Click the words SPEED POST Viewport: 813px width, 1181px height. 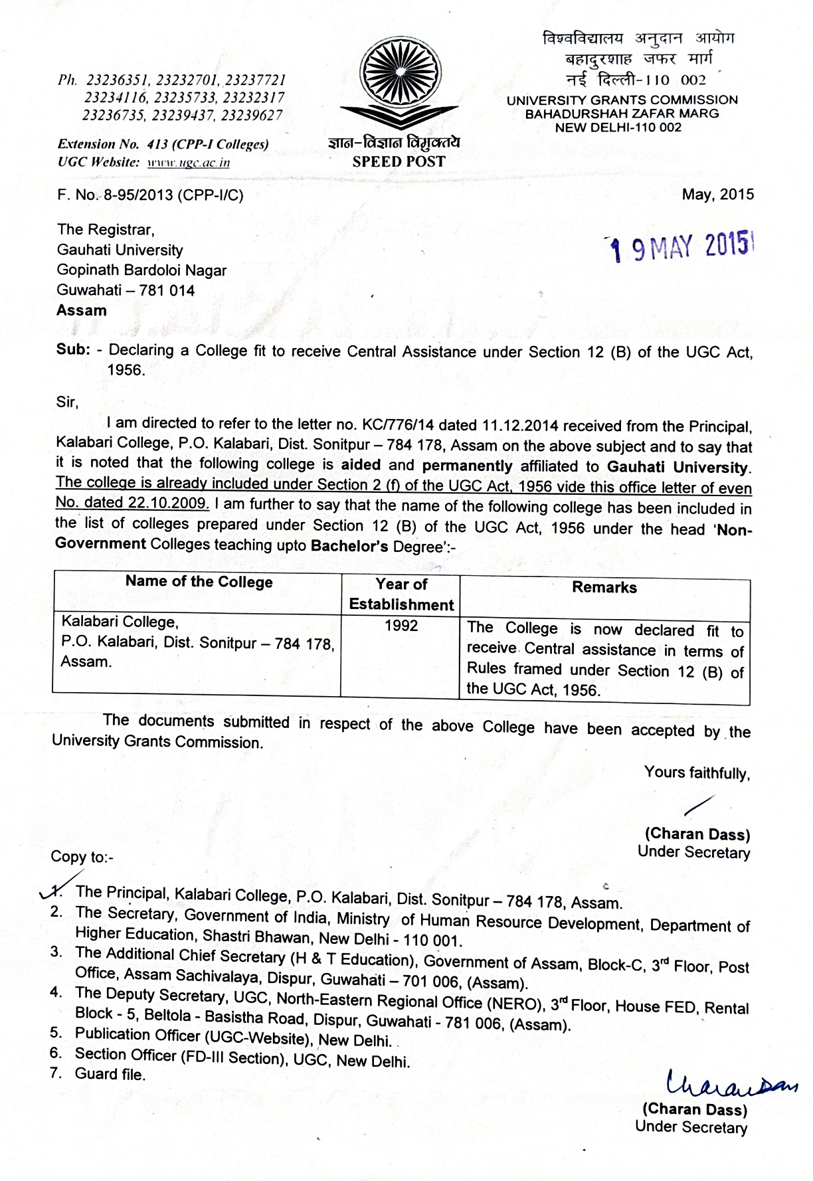tap(399, 161)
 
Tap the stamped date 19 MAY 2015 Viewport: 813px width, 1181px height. tap(682, 247)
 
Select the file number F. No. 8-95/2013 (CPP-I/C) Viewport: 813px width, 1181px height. tap(151, 195)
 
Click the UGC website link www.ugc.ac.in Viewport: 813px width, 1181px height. tap(188, 163)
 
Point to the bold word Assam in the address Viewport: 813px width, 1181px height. tap(82, 311)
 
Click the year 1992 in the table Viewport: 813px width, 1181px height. tap(401, 626)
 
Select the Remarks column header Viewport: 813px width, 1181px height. tap(604, 587)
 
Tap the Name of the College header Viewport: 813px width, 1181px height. tap(199, 582)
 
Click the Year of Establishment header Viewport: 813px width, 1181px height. tap(401, 594)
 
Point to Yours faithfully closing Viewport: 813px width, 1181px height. tap(697, 772)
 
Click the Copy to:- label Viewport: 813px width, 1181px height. tap(82, 857)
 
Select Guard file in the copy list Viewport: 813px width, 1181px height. tap(110, 1074)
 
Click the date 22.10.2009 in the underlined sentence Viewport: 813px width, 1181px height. tap(169, 503)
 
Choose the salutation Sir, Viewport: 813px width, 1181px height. tap(67, 402)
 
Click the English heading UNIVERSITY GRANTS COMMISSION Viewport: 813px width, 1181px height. tap(622, 100)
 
